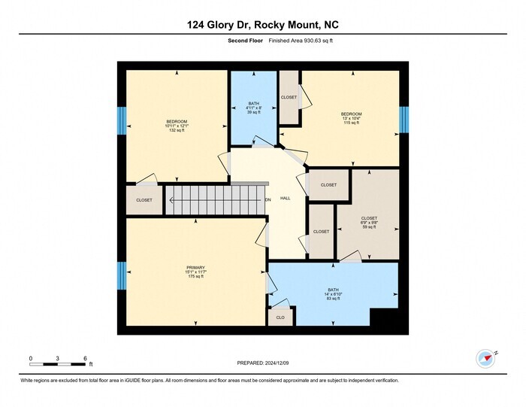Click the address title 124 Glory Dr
click(263, 24)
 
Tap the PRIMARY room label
click(196, 268)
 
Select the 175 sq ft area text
click(196, 277)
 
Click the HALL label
click(286, 199)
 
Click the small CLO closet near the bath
click(280, 317)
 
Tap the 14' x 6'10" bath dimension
click(333, 293)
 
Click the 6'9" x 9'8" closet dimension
click(369, 223)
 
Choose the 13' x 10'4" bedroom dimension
click(352, 118)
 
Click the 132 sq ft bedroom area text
click(177, 130)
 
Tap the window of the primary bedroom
click(121, 275)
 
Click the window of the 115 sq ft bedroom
click(404, 117)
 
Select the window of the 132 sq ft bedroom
click(121, 120)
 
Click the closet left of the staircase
click(144, 200)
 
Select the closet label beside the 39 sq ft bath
click(289, 97)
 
